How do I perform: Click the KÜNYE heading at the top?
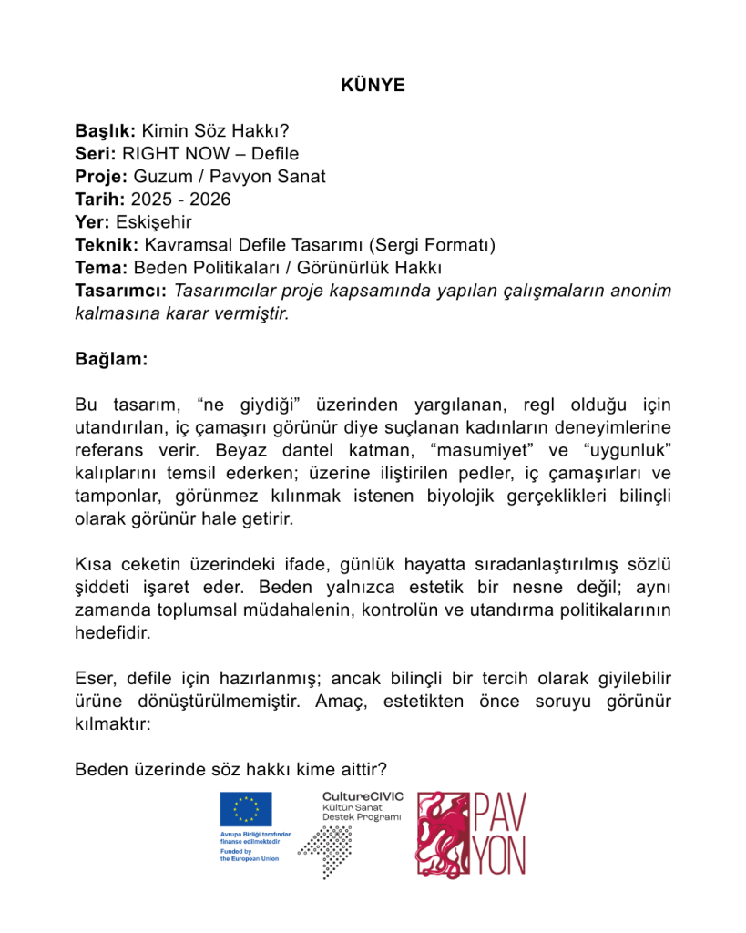pyautogui.click(x=373, y=87)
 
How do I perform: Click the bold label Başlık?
pyautogui.click(x=106, y=131)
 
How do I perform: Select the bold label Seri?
pyautogui.click(x=94, y=154)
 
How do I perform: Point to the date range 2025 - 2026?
pyautogui.click(x=180, y=200)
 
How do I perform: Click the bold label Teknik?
pyautogui.click(x=107, y=245)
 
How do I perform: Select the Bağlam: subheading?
pyautogui.click(x=111, y=359)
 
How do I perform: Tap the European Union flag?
pyautogui.click(x=246, y=810)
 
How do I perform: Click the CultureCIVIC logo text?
pyautogui.click(x=363, y=796)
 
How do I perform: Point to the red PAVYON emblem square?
pyautogui.click(x=444, y=834)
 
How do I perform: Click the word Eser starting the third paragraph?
pyautogui.click(x=94, y=679)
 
